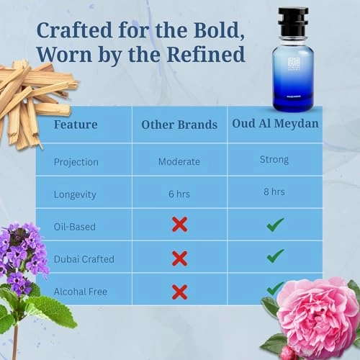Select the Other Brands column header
179,124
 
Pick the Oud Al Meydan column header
275,124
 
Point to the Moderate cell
179,161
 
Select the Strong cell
274,159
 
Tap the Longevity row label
76,194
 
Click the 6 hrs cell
179,194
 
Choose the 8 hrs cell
274,192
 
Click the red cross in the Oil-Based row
179,225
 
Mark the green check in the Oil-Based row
274,225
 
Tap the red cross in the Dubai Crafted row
179,258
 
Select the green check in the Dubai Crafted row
274,256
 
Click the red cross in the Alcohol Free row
179,291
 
